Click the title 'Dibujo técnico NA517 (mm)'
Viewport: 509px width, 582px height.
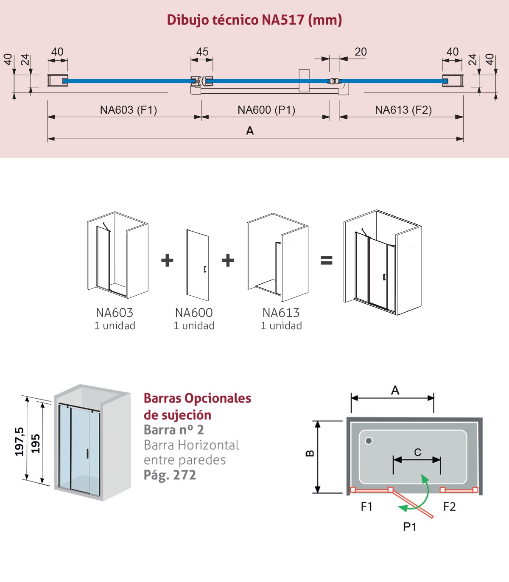(x=254, y=20)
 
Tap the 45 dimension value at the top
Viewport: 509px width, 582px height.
(x=202, y=52)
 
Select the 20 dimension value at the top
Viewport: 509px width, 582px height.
(x=361, y=52)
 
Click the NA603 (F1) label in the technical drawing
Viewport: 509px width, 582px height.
(x=128, y=110)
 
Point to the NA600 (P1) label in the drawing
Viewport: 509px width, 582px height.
(x=266, y=110)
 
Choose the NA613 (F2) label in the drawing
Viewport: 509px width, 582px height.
(x=403, y=110)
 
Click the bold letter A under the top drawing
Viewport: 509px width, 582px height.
(x=250, y=131)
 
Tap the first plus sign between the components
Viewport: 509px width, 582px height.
(x=167, y=260)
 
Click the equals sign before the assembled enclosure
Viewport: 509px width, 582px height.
(x=327, y=260)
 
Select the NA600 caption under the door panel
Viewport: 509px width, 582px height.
(x=194, y=313)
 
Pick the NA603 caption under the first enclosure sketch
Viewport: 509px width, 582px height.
(x=115, y=313)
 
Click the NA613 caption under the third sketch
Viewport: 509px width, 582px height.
(x=281, y=313)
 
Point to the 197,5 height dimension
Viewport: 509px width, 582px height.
(x=20, y=442)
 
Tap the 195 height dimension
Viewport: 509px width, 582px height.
(x=36, y=443)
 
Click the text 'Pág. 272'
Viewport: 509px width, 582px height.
(x=170, y=476)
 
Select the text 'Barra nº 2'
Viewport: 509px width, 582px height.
(x=174, y=430)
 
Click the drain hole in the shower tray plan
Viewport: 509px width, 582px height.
(x=369, y=441)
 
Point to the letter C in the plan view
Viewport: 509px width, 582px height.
(x=417, y=452)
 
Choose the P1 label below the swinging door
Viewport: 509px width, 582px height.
(x=409, y=527)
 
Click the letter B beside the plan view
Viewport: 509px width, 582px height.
(x=310, y=453)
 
